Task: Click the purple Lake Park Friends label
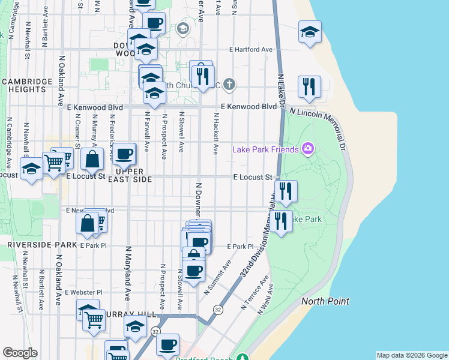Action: coord(265,149)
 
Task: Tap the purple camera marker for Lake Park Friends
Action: coord(308,148)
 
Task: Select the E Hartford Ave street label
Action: coord(251,49)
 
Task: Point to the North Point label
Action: coord(325,301)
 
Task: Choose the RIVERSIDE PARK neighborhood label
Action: coord(42,245)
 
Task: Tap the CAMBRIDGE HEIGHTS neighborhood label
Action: coord(24,85)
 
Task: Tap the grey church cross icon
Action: coord(229,85)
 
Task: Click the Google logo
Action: coord(20,353)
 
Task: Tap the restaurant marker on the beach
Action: coord(309,86)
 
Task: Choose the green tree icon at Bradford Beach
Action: coord(242,358)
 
